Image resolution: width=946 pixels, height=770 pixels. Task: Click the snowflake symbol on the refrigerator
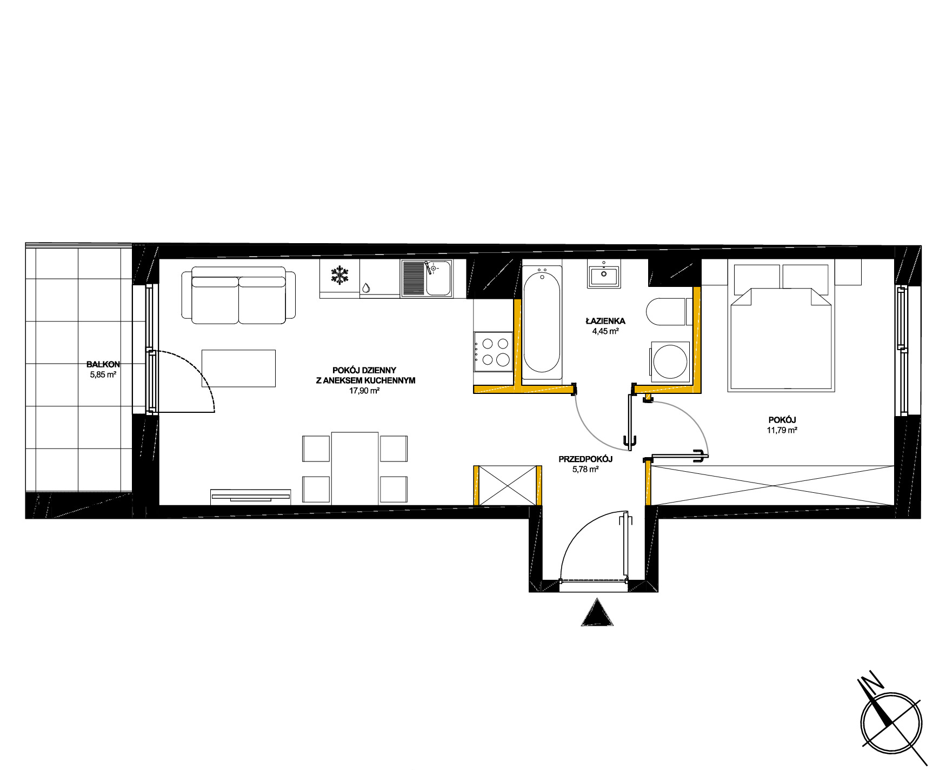click(339, 275)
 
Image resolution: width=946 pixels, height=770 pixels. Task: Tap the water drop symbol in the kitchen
click(366, 288)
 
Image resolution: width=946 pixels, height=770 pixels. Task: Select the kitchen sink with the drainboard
click(427, 278)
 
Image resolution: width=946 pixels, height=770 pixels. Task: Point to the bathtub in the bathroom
click(542, 322)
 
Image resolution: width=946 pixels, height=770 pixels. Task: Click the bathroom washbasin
click(604, 274)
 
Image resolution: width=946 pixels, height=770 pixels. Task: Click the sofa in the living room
click(238, 295)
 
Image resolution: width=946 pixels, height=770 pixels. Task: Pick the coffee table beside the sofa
click(238, 368)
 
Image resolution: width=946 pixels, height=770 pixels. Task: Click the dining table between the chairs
click(355, 468)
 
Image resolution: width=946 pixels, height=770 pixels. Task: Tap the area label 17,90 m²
click(364, 391)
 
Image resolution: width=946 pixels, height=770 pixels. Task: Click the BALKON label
click(103, 364)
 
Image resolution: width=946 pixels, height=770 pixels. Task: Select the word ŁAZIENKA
click(605, 321)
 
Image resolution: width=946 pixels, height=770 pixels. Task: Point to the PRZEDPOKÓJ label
click(585, 459)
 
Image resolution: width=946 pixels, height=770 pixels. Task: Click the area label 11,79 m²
click(782, 430)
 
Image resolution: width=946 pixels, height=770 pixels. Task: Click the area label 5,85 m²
click(103, 374)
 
